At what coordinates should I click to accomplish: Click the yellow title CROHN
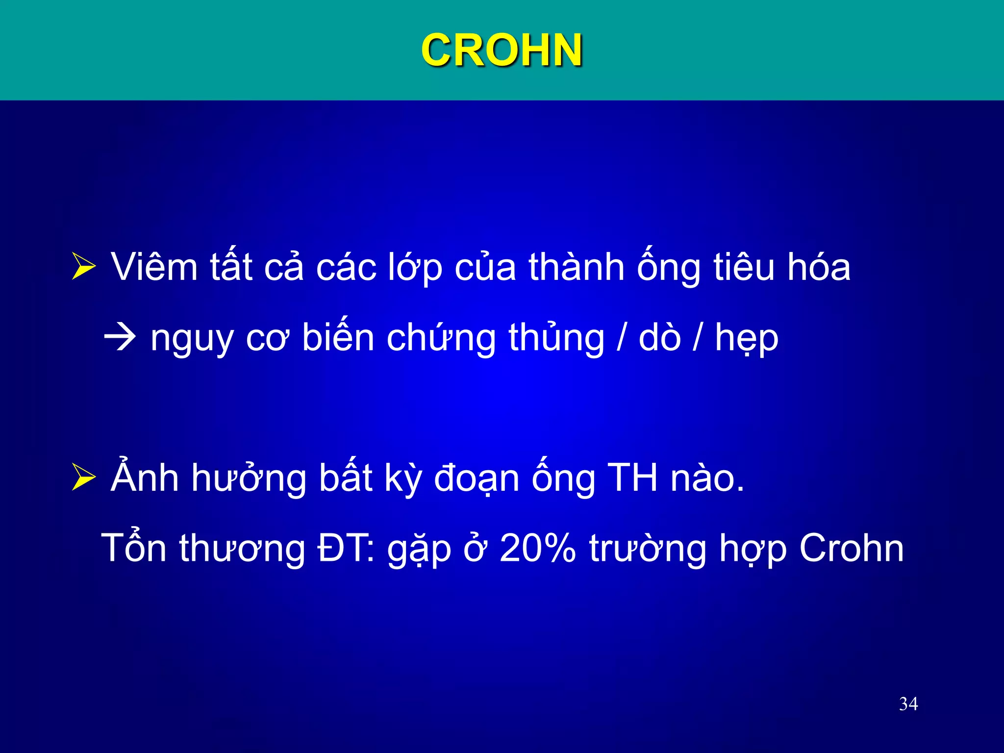point(502,50)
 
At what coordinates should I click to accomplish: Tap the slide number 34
point(908,704)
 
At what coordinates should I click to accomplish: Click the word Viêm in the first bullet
point(154,268)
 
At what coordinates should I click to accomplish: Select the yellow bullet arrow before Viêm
point(83,266)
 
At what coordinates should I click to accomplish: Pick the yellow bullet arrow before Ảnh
point(83,477)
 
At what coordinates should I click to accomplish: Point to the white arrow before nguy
point(120,337)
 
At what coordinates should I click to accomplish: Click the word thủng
point(556,338)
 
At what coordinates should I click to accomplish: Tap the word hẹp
point(746,338)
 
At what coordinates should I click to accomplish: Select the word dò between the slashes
point(659,337)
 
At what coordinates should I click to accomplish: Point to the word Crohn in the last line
point(851,548)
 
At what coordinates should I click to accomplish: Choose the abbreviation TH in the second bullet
point(632,478)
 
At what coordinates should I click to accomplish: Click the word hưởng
point(249,479)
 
